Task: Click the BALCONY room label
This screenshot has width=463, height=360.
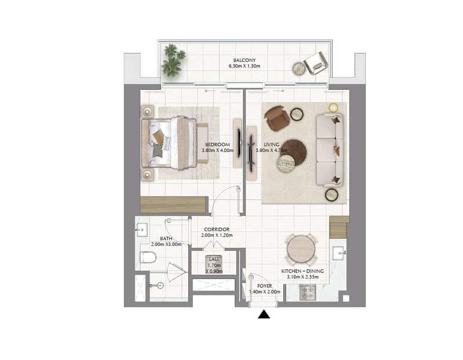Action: click(x=244, y=60)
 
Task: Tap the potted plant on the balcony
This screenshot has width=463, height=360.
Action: click(x=173, y=60)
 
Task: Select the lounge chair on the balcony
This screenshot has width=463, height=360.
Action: click(x=316, y=63)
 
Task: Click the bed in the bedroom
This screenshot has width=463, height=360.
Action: click(x=169, y=143)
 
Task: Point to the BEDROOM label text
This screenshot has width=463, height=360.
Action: click(x=218, y=144)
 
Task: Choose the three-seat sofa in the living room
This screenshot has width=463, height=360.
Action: click(x=330, y=150)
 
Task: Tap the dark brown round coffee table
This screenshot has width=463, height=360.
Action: click(x=293, y=152)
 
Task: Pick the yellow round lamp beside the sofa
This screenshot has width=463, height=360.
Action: click(x=333, y=107)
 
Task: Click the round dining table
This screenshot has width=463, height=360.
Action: click(x=302, y=249)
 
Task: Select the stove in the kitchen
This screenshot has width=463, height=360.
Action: click(x=308, y=292)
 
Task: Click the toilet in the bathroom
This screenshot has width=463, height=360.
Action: click(x=148, y=257)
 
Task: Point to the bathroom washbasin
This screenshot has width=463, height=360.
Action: click(x=141, y=230)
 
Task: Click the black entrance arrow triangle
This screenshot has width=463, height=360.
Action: click(x=264, y=314)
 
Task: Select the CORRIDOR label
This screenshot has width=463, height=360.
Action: click(x=217, y=230)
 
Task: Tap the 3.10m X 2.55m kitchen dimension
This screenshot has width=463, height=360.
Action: click(x=302, y=277)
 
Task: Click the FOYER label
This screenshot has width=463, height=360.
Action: click(x=265, y=286)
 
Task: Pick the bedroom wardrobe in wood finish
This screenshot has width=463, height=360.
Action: click(x=173, y=205)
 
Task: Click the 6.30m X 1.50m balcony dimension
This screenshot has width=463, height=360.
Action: click(x=245, y=66)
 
